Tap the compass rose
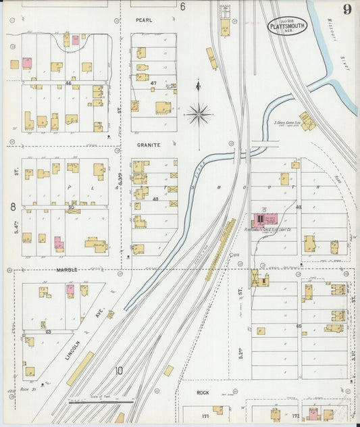click(x=199, y=114)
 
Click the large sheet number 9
click(x=346, y=9)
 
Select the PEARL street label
click(x=144, y=20)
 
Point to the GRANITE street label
click(x=147, y=145)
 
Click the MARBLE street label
click(x=67, y=270)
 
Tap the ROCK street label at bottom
click(x=203, y=393)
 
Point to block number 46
click(x=68, y=83)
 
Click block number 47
click(x=153, y=83)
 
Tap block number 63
click(x=49, y=332)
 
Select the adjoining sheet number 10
click(x=119, y=370)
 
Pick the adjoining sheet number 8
click(x=12, y=206)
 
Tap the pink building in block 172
click(x=313, y=412)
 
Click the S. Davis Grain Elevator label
click(x=287, y=123)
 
